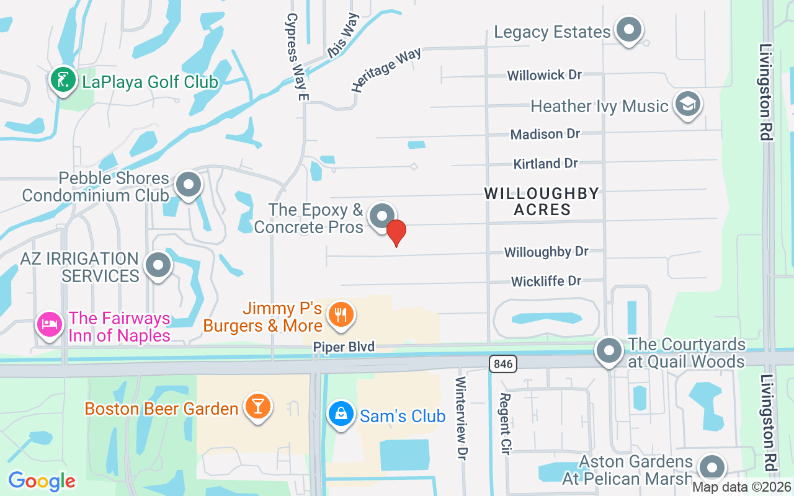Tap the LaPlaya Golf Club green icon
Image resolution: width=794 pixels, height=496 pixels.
(63, 81)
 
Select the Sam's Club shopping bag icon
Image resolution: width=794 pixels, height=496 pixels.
(341, 415)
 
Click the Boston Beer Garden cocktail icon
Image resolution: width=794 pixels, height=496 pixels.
(256, 407)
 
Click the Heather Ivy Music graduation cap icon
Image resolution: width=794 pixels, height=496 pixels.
(687, 104)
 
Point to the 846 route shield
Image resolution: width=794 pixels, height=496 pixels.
(503, 364)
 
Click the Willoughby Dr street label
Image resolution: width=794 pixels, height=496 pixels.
(546, 252)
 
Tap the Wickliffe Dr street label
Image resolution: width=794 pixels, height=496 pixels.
(546, 281)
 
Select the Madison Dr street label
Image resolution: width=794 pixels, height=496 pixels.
(545, 134)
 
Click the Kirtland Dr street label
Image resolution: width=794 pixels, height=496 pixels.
(545, 164)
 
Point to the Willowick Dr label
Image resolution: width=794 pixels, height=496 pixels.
(544, 75)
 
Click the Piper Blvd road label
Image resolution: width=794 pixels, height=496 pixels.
(343, 347)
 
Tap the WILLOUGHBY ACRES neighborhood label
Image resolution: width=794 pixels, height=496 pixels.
(542, 201)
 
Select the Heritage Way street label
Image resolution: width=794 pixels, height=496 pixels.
(386, 70)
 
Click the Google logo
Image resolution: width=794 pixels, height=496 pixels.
(42, 481)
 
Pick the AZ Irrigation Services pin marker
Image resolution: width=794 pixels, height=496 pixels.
(158, 265)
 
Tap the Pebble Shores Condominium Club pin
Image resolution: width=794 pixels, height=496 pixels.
(188, 184)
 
